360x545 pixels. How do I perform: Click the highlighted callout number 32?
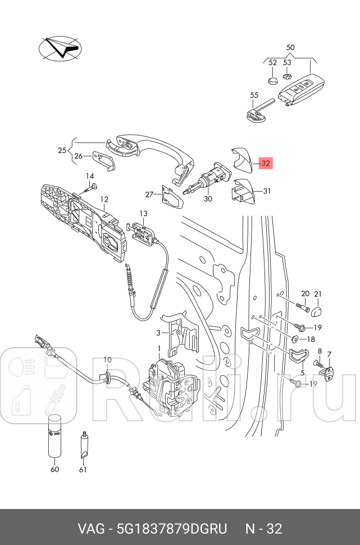pos(266,163)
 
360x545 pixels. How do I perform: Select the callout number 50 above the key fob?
pos(290,47)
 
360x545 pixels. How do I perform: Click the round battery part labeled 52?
pos(273,80)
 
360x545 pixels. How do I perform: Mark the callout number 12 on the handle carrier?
pos(104,199)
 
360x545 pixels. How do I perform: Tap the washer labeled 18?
pos(294,339)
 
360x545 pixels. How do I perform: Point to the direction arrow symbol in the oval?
pos(61,48)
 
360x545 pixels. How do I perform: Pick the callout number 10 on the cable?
pos(107,360)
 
